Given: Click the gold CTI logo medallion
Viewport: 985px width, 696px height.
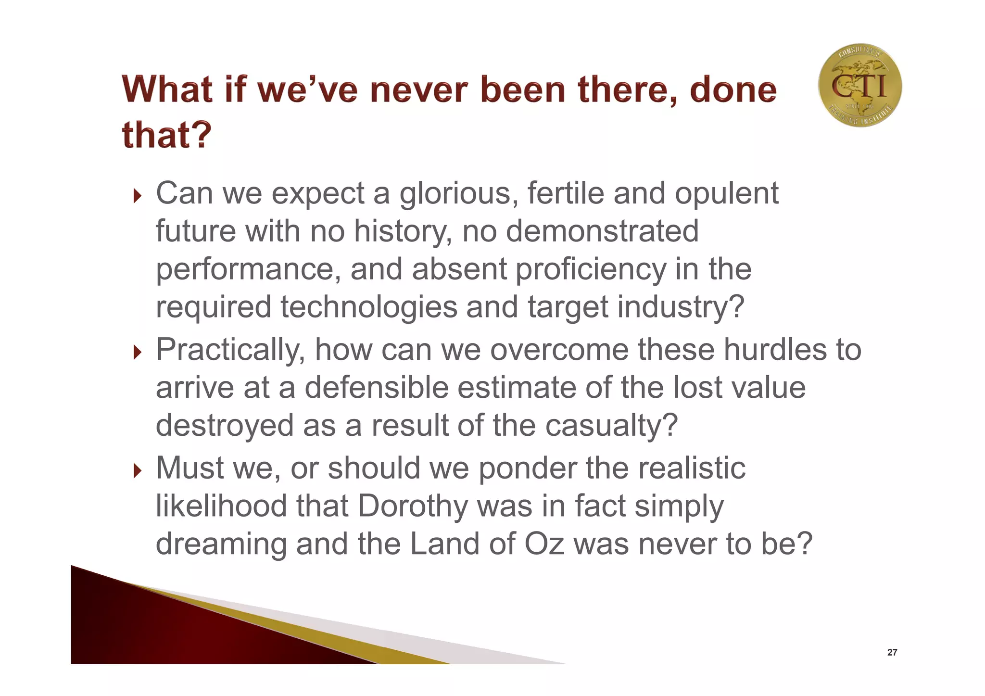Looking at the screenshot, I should coord(859,86).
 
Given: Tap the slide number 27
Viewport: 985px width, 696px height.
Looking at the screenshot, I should coord(892,652).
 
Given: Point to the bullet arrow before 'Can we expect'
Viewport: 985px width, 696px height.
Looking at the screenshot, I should coord(138,196).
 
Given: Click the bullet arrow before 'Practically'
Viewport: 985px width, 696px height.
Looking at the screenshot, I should coord(138,352).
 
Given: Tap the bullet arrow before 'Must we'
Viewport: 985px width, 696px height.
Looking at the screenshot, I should coord(138,470).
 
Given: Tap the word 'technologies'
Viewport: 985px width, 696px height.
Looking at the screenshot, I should coord(369,307).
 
